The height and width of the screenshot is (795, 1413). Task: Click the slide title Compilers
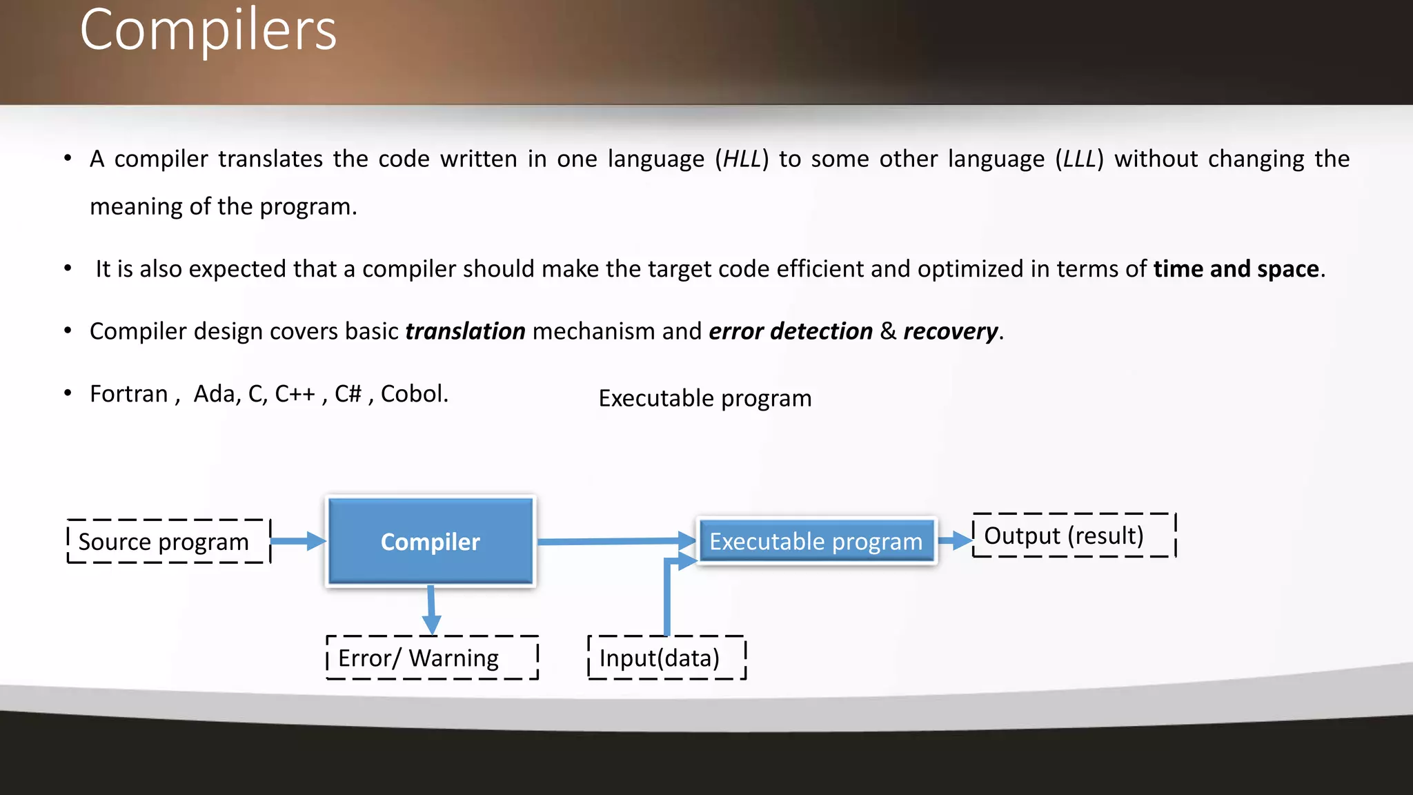[x=208, y=30]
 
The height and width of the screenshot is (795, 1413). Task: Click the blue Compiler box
[x=431, y=542]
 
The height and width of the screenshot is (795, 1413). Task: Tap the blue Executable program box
[x=816, y=542]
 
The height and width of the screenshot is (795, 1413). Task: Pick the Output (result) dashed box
[x=1073, y=536]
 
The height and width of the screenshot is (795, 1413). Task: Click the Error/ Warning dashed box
[x=432, y=658]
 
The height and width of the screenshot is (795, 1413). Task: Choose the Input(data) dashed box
[x=666, y=658]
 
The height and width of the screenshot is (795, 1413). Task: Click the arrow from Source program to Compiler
[x=297, y=541]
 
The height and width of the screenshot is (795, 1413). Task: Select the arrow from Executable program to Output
[x=955, y=540]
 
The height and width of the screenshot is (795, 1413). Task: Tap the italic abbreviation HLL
[x=742, y=159]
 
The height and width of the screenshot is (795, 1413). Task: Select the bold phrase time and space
[x=1236, y=269]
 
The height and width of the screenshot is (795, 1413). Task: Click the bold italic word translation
[x=465, y=332]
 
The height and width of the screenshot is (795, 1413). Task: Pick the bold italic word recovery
[x=950, y=332]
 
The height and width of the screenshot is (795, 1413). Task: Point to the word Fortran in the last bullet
[x=129, y=394]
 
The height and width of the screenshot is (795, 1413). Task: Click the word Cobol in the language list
[x=413, y=394]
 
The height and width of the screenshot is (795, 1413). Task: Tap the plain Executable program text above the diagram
[x=704, y=399]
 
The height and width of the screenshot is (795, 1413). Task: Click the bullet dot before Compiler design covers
[x=68, y=331]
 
